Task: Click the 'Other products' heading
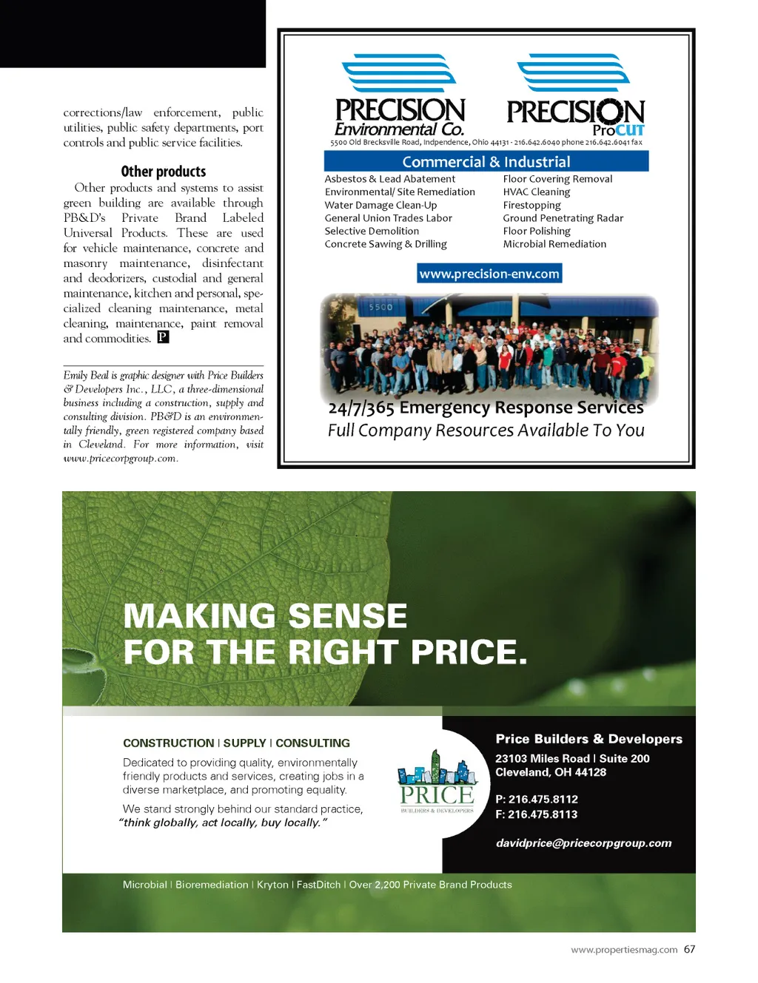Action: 164,172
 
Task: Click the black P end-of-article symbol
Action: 164,337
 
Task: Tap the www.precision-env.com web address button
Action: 489,274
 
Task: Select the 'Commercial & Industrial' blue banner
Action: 486,162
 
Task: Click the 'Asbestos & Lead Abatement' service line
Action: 390,179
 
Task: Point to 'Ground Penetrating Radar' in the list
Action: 563,218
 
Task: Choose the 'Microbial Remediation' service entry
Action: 554,244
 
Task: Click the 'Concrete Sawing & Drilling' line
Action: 386,244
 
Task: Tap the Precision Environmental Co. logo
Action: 400,96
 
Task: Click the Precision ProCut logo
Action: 575,96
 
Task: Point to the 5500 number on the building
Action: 380,307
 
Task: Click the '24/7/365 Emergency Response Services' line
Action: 486,408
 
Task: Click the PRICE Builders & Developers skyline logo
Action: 437,783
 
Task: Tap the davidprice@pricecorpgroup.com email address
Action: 584,843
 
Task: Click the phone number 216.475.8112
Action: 543,800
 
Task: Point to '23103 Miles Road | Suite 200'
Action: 572,759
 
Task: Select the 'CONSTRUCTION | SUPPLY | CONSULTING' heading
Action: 236,743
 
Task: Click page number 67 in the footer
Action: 689,950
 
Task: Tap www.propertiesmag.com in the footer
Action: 624,950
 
